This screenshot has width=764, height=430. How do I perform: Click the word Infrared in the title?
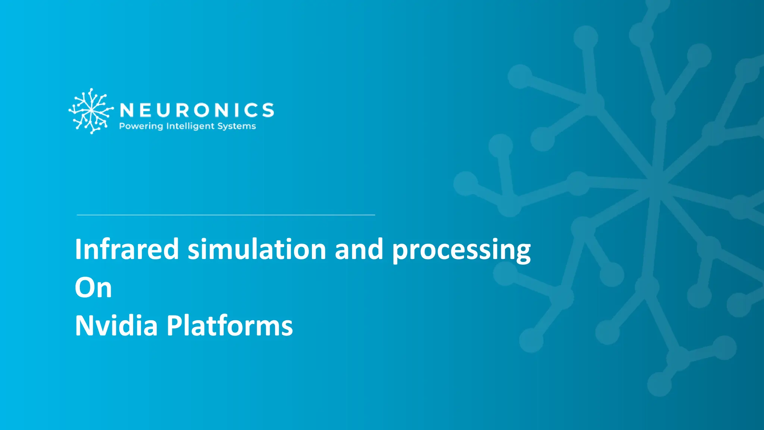[x=127, y=249]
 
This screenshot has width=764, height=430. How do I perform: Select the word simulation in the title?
[x=257, y=249]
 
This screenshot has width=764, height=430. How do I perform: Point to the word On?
[x=93, y=288]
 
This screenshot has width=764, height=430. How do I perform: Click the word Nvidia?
[x=116, y=325]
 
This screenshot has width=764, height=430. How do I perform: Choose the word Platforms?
[x=229, y=325]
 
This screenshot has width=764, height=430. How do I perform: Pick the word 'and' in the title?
[x=359, y=249]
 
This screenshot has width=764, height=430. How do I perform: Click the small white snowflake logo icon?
[x=91, y=111]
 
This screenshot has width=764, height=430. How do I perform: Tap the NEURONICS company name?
[x=197, y=110]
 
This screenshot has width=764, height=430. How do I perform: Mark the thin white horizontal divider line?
[x=226, y=215]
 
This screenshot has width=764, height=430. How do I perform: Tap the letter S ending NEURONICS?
[x=268, y=110]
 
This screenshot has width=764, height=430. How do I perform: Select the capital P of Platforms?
[x=174, y=325]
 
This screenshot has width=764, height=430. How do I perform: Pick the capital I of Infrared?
[x=78, y=249]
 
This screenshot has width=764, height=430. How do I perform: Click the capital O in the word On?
[x=85, y=288]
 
